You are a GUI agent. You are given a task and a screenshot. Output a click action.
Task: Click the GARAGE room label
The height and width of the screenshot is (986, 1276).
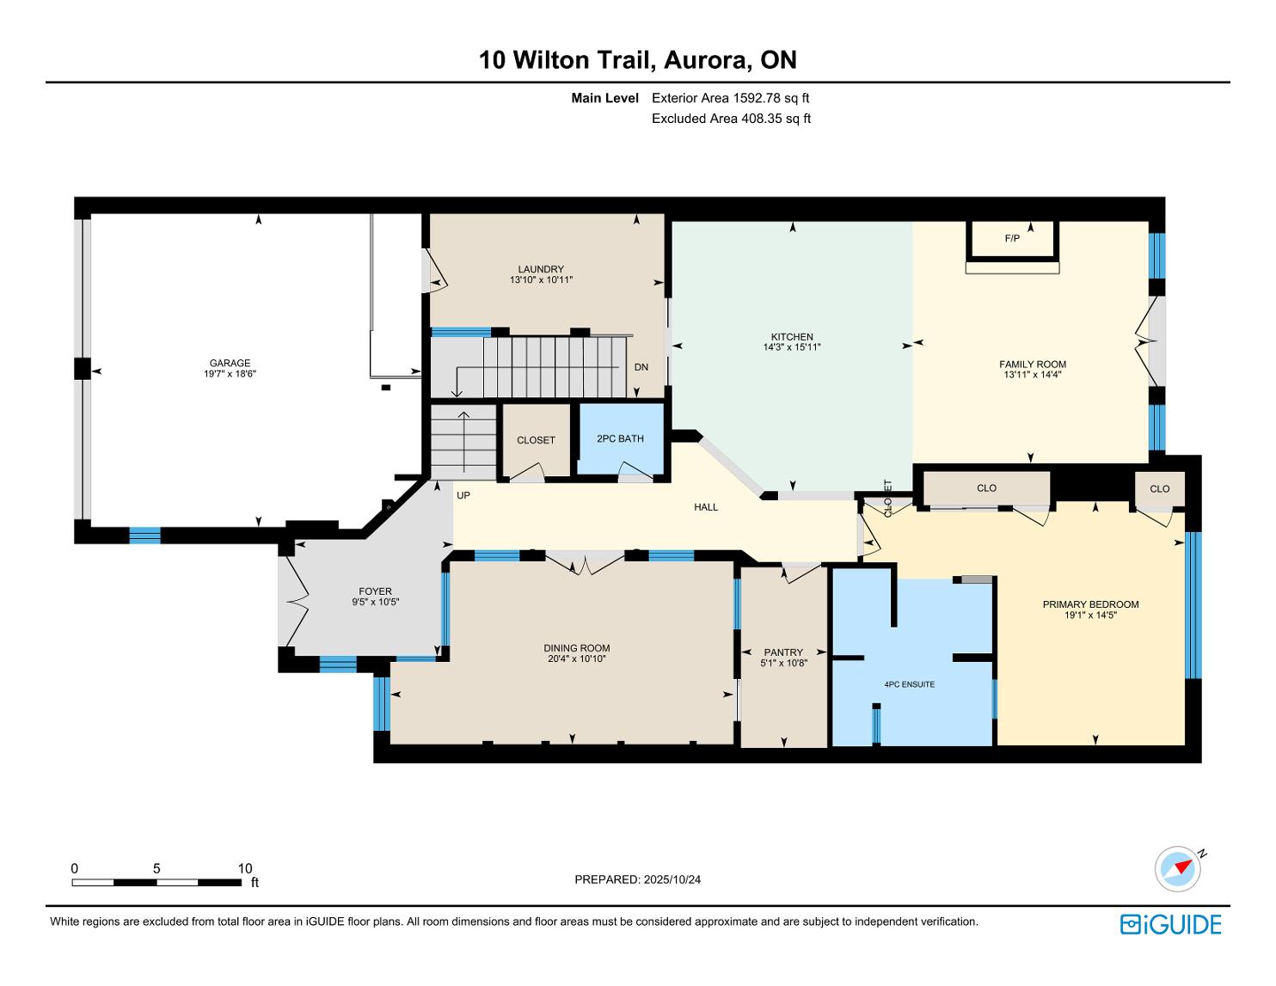pyautogui.click(x=230, y=363)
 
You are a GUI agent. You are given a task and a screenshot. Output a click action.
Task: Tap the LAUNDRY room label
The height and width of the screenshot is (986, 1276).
pyautogui.click(x=541, y=269)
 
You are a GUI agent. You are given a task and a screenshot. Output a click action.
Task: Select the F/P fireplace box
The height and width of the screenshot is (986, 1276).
pyautogui.click(x=1012, y=240)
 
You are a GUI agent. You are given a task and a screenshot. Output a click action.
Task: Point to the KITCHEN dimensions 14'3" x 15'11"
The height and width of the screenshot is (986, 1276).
pyautogui.click(x=792, y=346)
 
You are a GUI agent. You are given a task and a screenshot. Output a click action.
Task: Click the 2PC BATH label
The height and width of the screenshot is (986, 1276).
pyautogui.click(x=620, y=438)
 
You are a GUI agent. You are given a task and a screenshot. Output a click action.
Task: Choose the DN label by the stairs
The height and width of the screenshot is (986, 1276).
pyautogui.click(x=641, y=367)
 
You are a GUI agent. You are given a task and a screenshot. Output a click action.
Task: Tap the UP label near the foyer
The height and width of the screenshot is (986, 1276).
pyautogui.click(x=463, y=495)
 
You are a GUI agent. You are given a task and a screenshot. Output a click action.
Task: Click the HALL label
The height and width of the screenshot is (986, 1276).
pyautogui.click(x=706, y=507)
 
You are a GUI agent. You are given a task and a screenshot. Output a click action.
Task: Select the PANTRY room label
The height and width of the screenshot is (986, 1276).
pyautogui.click(x=783, y=652)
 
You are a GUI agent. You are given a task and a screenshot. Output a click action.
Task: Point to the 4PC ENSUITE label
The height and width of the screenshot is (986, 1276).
pyautogui.click(x=909, y=684)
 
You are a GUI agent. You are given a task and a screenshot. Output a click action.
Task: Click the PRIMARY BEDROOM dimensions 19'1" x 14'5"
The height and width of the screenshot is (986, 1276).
pyautogui.click(x=1090, y=615)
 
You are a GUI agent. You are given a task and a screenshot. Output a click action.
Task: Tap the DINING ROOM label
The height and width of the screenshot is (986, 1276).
pyautogui.click(x=577, y=648)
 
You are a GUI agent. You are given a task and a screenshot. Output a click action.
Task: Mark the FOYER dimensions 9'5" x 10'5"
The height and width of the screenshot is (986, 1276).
pyautogui.click(x=375, y=602)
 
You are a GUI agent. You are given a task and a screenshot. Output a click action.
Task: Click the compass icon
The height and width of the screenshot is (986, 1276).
pyautogui.click(x=1178, y=868)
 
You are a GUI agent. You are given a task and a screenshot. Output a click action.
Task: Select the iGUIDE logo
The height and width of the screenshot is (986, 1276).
pyautogui.click(x=1171, y=924)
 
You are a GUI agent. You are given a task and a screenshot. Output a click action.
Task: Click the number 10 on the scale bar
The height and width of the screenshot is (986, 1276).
pyautogui.click(x=245, y=868)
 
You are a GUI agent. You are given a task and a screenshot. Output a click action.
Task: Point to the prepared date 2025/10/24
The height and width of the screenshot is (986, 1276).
pyautogui.click(x=672, y=879)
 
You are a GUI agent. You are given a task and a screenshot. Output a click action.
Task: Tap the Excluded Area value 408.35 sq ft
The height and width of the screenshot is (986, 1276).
pyautogui.click(x=776, y=119)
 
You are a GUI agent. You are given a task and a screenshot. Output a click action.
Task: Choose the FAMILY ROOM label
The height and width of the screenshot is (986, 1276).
pyautogui.click(x=1033, y=364)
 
